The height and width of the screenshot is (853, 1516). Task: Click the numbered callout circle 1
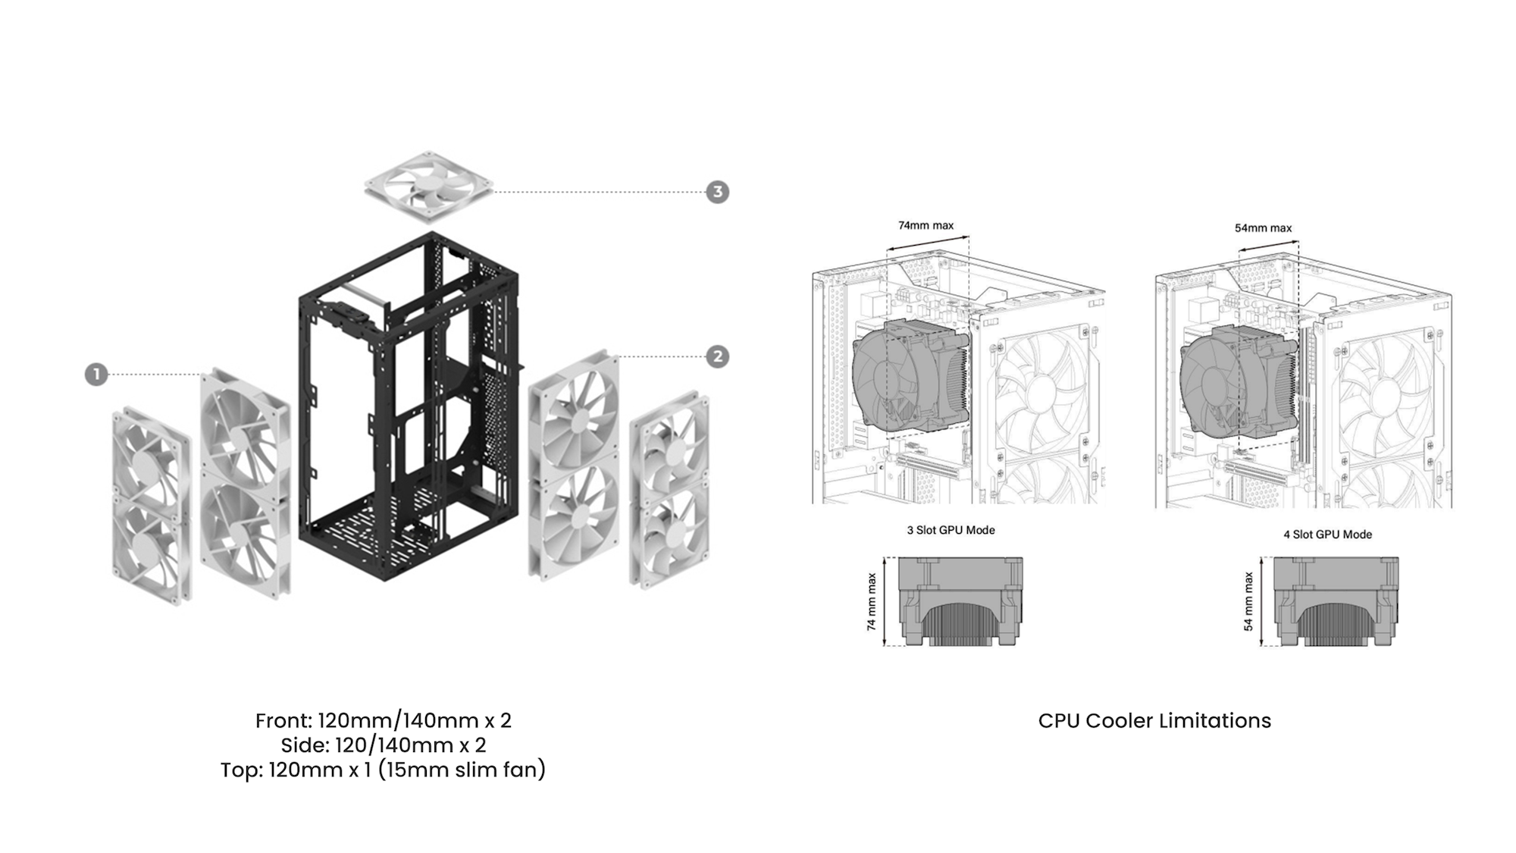click(x=96, y=375)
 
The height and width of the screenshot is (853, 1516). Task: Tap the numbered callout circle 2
click(x=717, y=356)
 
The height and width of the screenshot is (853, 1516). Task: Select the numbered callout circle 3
click(x=717, y=192)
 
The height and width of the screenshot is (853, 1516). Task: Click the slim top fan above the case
click(x=429, y=187)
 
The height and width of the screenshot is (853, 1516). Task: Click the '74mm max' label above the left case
click(x=926, y=225)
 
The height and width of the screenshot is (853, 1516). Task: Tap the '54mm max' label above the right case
click(x=1263, y=227)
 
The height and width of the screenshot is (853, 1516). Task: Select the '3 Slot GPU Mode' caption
click(x=951, y=530)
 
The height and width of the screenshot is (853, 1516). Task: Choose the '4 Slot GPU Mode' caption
click(x=1327, y=535)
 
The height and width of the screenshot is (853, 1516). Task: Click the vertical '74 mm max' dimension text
click(x=872, y=602)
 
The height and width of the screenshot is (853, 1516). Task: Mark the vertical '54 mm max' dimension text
click(x=1248, y=602)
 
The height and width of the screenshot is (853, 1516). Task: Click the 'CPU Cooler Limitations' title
click(x=1154, y=720)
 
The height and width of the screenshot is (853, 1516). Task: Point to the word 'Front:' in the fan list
click(x=283, y=720)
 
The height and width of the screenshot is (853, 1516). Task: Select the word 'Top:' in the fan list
click(x=242, y=770)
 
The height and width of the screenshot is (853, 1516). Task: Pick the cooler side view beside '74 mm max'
click(x=960, y=602)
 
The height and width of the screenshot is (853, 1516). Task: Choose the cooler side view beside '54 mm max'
click(x=1336, y=602)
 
